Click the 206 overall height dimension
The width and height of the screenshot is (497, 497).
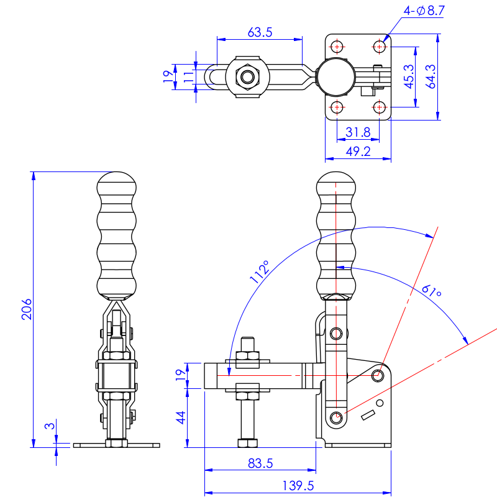27,309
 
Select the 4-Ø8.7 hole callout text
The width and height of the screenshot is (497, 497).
424,11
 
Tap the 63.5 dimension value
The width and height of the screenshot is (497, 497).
260,32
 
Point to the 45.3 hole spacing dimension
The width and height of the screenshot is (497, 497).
409,76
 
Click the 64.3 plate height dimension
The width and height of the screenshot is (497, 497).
431,76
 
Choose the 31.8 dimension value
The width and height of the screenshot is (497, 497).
358,132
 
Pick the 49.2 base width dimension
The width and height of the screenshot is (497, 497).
358,152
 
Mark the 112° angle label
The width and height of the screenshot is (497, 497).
260,271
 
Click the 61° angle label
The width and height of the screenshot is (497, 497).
431,291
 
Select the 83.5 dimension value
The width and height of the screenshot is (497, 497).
260,463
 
